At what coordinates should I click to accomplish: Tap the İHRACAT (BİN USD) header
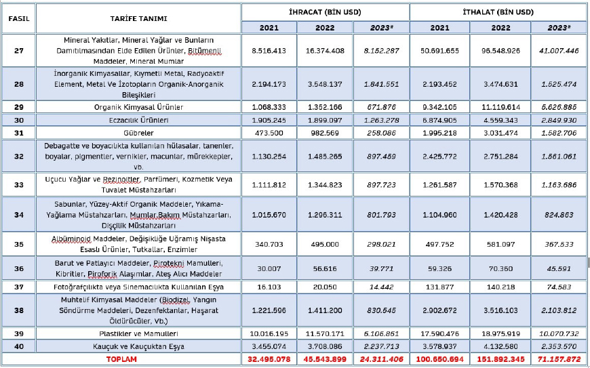point(325,12)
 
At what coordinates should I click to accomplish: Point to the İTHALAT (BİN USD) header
point(499,12)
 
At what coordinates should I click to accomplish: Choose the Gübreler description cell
point(138,132)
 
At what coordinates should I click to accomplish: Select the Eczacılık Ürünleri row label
point(138,119)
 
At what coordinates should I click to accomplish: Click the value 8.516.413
point(269,50)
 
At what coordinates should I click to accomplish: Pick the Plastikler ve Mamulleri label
point(138,333)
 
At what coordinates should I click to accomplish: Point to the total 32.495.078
point(269,358)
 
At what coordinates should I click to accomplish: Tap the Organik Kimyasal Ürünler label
point(138,106)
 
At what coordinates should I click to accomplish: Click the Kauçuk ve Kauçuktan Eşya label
point(138,346)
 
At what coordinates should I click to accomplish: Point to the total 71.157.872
point(559,358)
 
